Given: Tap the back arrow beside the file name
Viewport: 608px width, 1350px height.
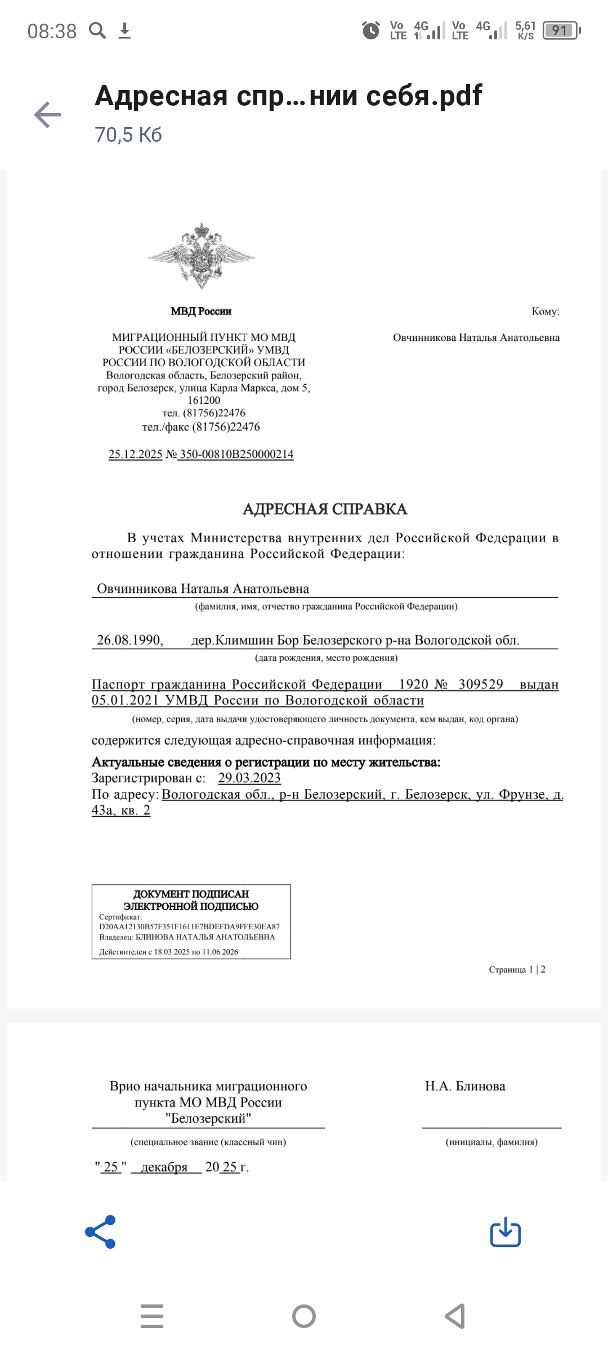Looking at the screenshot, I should tap(48, 115).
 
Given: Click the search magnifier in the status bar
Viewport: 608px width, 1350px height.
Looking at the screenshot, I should tap(97, 30).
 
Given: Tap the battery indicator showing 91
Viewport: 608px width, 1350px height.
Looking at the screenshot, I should tap(561, 30).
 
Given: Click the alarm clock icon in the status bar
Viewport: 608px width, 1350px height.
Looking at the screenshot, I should tap(370, 30).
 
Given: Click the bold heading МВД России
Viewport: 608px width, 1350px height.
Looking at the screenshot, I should tap(201, 311).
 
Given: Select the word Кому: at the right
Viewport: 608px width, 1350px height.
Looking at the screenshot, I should tap(545, 311).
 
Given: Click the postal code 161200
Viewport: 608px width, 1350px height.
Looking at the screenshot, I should tap(204, 400).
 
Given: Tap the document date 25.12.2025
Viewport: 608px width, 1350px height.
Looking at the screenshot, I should tap(135, 454).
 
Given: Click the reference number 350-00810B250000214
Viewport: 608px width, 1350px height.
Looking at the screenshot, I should tap(236, 454).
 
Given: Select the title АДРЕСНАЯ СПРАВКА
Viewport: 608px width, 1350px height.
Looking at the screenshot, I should tap(325, 509).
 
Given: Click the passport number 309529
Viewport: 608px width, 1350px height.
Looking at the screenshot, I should tap(481, 684).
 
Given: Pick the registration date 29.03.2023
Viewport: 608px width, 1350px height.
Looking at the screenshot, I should tap(249, 778).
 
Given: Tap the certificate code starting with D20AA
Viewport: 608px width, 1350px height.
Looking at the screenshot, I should tap(189, 926).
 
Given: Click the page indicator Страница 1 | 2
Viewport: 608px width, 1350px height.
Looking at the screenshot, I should tap(517, 969).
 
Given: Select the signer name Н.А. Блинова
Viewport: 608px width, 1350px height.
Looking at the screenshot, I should tap(465, 1086).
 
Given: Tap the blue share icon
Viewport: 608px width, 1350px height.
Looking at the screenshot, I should tap(101, 1231).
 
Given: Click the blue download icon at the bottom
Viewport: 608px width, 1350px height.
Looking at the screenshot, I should tap(505, 1232).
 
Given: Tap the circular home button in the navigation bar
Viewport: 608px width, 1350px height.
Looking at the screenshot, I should tap(304, 1316).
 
